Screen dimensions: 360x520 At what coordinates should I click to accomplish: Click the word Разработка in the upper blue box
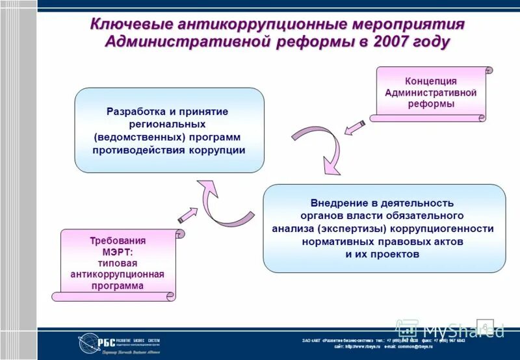(135, 111)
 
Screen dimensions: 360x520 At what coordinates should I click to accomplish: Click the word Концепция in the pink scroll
(430, 81)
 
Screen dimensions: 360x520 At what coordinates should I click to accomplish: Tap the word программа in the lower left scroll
(117, 285)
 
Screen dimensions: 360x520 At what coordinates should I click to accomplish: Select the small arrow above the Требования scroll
(188, 215)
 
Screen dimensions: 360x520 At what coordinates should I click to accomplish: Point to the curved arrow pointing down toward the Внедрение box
(320, 148)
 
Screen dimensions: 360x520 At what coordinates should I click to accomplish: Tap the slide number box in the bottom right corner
(485, 326)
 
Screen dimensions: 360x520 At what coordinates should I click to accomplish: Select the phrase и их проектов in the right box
(382, 254)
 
